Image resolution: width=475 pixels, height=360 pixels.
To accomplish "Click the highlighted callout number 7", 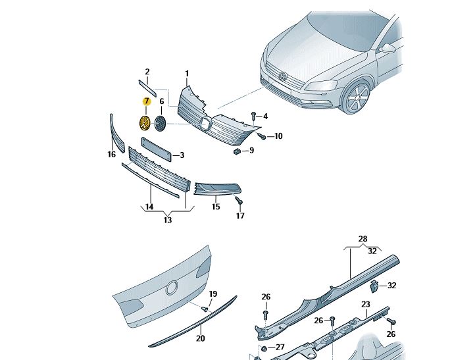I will [x=147, y=101].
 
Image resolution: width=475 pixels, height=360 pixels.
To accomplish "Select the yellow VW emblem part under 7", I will [x=144, y=123].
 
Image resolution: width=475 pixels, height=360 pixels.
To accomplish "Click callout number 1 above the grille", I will [x=187, y=73].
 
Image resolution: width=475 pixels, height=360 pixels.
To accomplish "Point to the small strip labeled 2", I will [x=147, y=88].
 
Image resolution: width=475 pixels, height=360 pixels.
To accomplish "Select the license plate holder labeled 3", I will [x=157, y=148].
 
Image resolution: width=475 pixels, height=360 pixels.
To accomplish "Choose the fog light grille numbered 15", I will [x=214, y=190].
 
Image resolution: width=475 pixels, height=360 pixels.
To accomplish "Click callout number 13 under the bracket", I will [x=168, y=220].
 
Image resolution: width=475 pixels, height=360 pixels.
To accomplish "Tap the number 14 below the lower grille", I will [x=149, y=207].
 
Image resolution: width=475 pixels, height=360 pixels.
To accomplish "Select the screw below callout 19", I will [x=206, y=308].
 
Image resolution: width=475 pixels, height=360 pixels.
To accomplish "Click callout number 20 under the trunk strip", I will [x=201, y=338].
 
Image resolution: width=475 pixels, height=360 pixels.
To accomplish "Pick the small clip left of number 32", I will [x=372, y=285].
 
